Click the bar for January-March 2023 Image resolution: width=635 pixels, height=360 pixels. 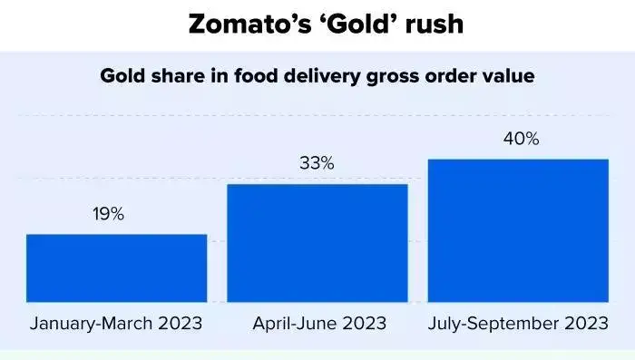point(116,268)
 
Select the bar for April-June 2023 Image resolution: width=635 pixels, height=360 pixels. point(317,242)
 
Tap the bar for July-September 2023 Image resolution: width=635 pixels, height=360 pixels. point(518,230)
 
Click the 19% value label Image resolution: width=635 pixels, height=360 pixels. point(108,215)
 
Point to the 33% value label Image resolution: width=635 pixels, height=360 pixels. point(317,164)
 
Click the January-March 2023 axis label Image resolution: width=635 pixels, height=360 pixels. point(116,323)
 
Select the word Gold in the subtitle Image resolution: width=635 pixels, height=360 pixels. point(121,76)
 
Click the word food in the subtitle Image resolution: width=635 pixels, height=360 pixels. point(234,76)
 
